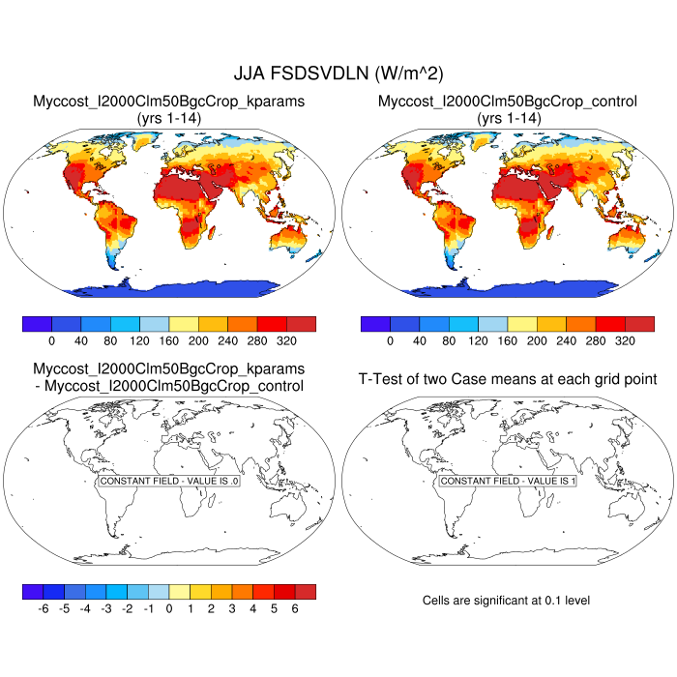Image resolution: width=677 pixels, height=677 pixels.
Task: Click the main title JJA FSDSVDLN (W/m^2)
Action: click(x=338, y=74)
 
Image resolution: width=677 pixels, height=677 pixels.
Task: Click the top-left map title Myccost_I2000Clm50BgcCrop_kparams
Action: click(x=169, y=102)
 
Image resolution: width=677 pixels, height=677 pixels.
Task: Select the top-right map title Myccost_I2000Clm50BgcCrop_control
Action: click(x=508, y=102)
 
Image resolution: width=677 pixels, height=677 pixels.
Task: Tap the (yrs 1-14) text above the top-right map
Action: click(x=508, y=117)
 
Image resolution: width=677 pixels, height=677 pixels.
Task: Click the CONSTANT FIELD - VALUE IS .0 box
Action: click(x=169, y=481)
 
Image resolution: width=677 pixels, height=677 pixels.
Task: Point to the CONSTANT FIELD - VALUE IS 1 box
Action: click(x=508, y=481)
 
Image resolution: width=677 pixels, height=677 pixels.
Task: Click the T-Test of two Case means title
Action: click(x=508, y=379)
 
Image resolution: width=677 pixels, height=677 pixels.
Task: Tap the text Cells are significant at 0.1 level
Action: click(x=506, y=601)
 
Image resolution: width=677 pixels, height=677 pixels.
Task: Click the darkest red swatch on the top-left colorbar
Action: click(x=301, y=324)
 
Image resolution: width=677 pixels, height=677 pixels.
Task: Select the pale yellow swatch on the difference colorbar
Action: click(x=180, y=591)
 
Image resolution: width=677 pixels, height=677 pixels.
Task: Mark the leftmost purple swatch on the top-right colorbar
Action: click(x=375, y=324)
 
